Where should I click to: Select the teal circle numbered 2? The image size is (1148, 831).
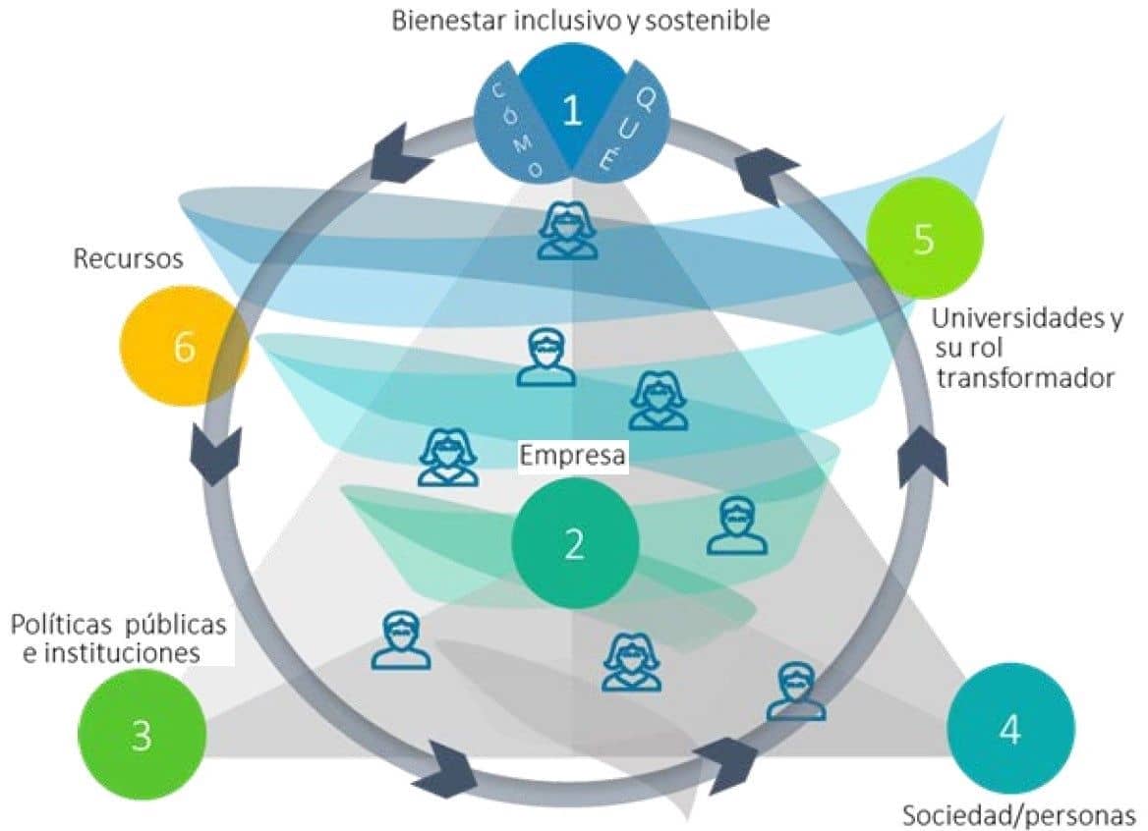575,543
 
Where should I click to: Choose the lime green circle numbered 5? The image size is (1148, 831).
923,239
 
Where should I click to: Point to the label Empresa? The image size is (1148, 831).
573,456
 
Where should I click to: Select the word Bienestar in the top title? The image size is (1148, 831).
449,22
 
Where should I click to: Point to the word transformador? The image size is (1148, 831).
1025,377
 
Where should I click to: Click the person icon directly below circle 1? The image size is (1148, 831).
568,232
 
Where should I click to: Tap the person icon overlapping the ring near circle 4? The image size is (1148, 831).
795,691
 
